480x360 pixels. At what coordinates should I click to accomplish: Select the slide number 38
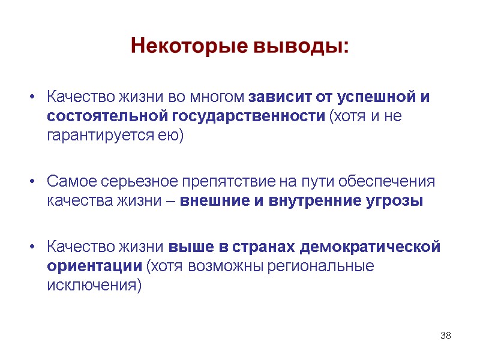coord(445,335)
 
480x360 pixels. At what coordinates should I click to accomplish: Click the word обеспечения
coord(390,181)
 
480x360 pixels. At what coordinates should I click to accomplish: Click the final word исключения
coord(94,285)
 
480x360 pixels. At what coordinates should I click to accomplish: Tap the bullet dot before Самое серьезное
coord(34,181)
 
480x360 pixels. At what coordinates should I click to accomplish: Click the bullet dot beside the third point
coord(34,247)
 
